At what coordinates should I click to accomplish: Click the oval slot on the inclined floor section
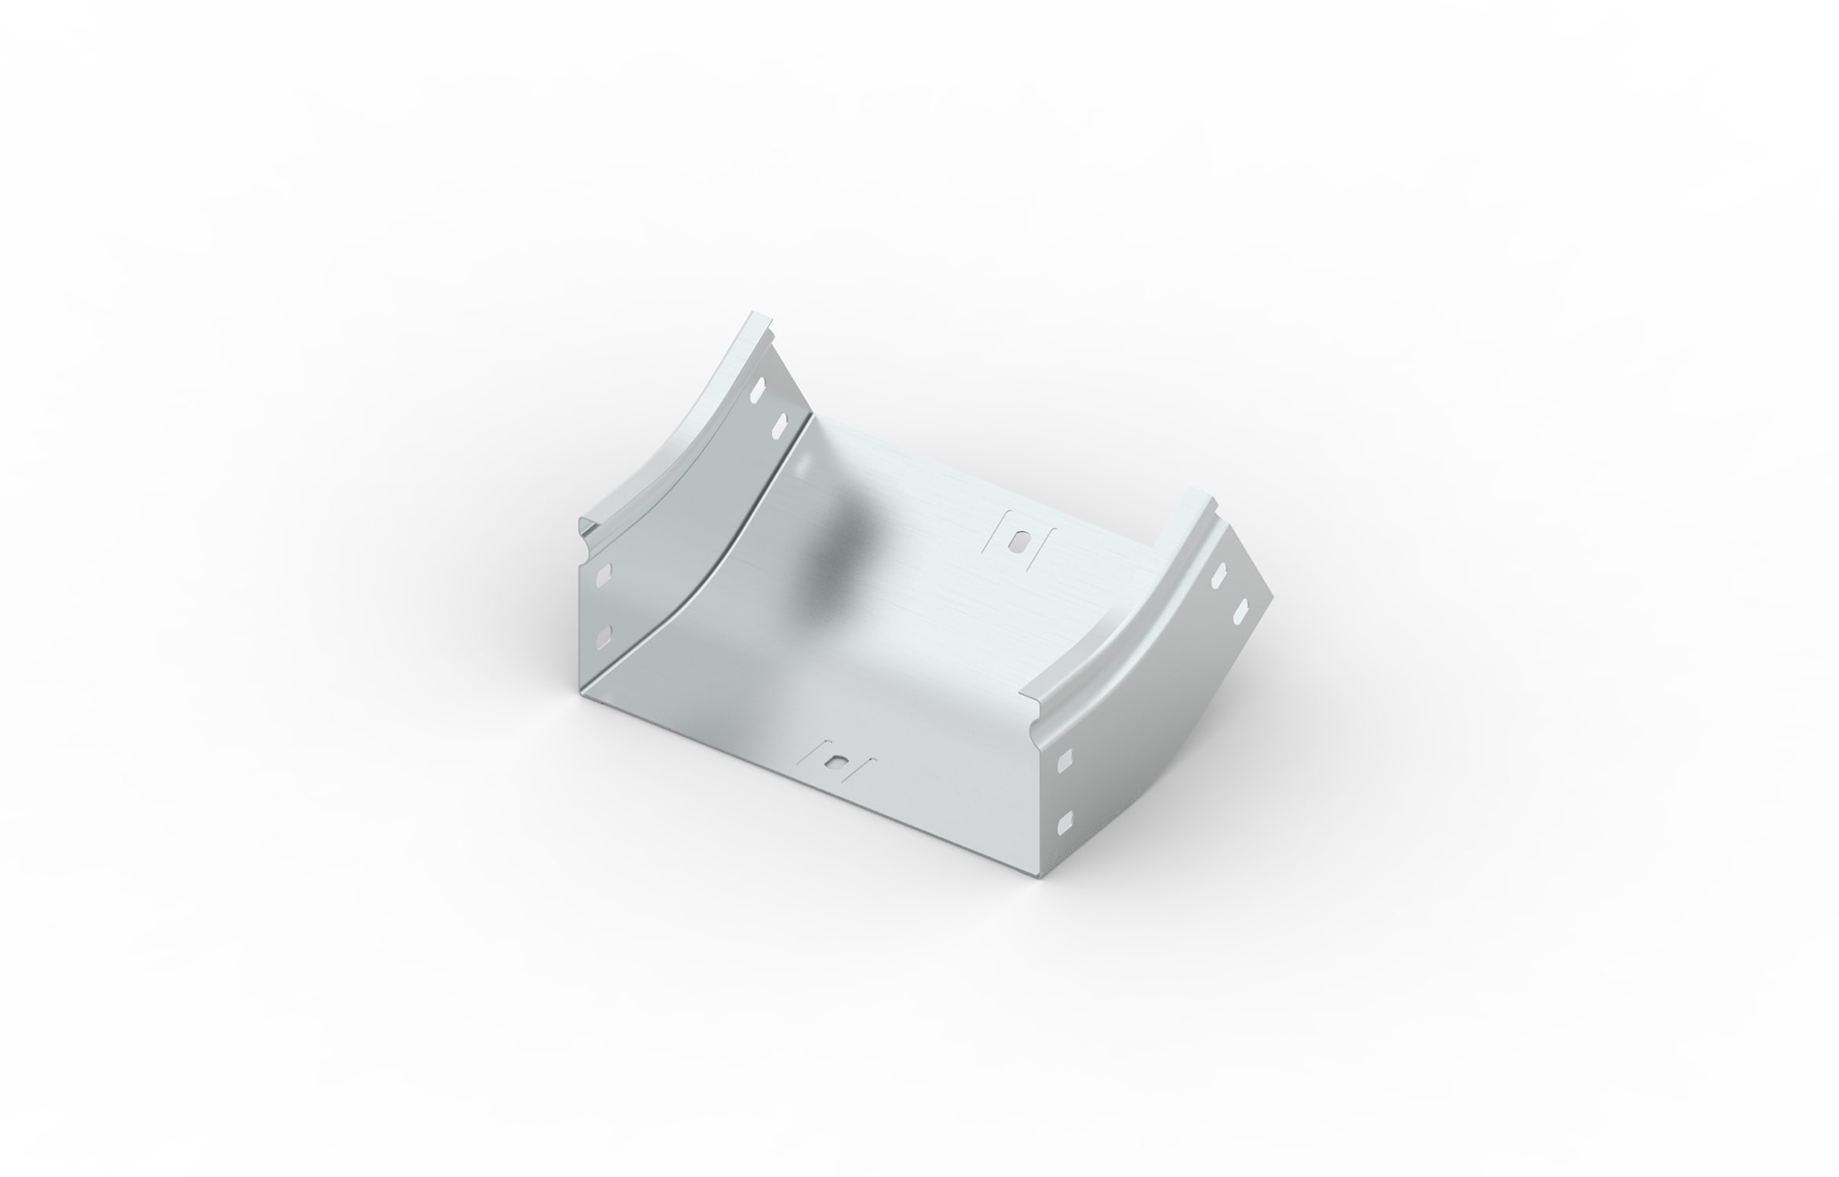point(1020,542)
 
